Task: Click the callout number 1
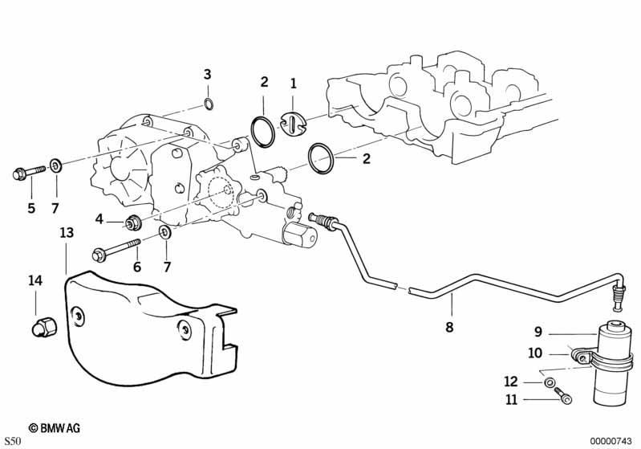(x=293, y=84)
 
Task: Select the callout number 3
(x=207, y=75)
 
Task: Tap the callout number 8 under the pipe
(x=449, y=327)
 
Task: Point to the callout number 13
(x=67, y=232)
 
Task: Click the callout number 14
(x=35, y=281)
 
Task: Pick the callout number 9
(x=538, y=331)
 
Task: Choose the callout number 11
(x=511, y=399)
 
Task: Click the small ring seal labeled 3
(x=208, y=104)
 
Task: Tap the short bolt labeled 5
(x=29, y=172)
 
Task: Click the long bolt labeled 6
(x=116, y=250)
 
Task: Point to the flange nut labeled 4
(x=133, y=222)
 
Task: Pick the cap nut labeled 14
(x=44, y=327)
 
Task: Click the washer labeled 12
(x=549, y=383)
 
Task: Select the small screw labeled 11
(x=563, y=396)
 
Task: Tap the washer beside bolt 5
(x=55, y=165)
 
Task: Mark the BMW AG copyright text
(x=55, y=428)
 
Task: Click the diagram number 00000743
(x=611, y=441)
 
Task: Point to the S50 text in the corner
(x=13, y=441)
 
